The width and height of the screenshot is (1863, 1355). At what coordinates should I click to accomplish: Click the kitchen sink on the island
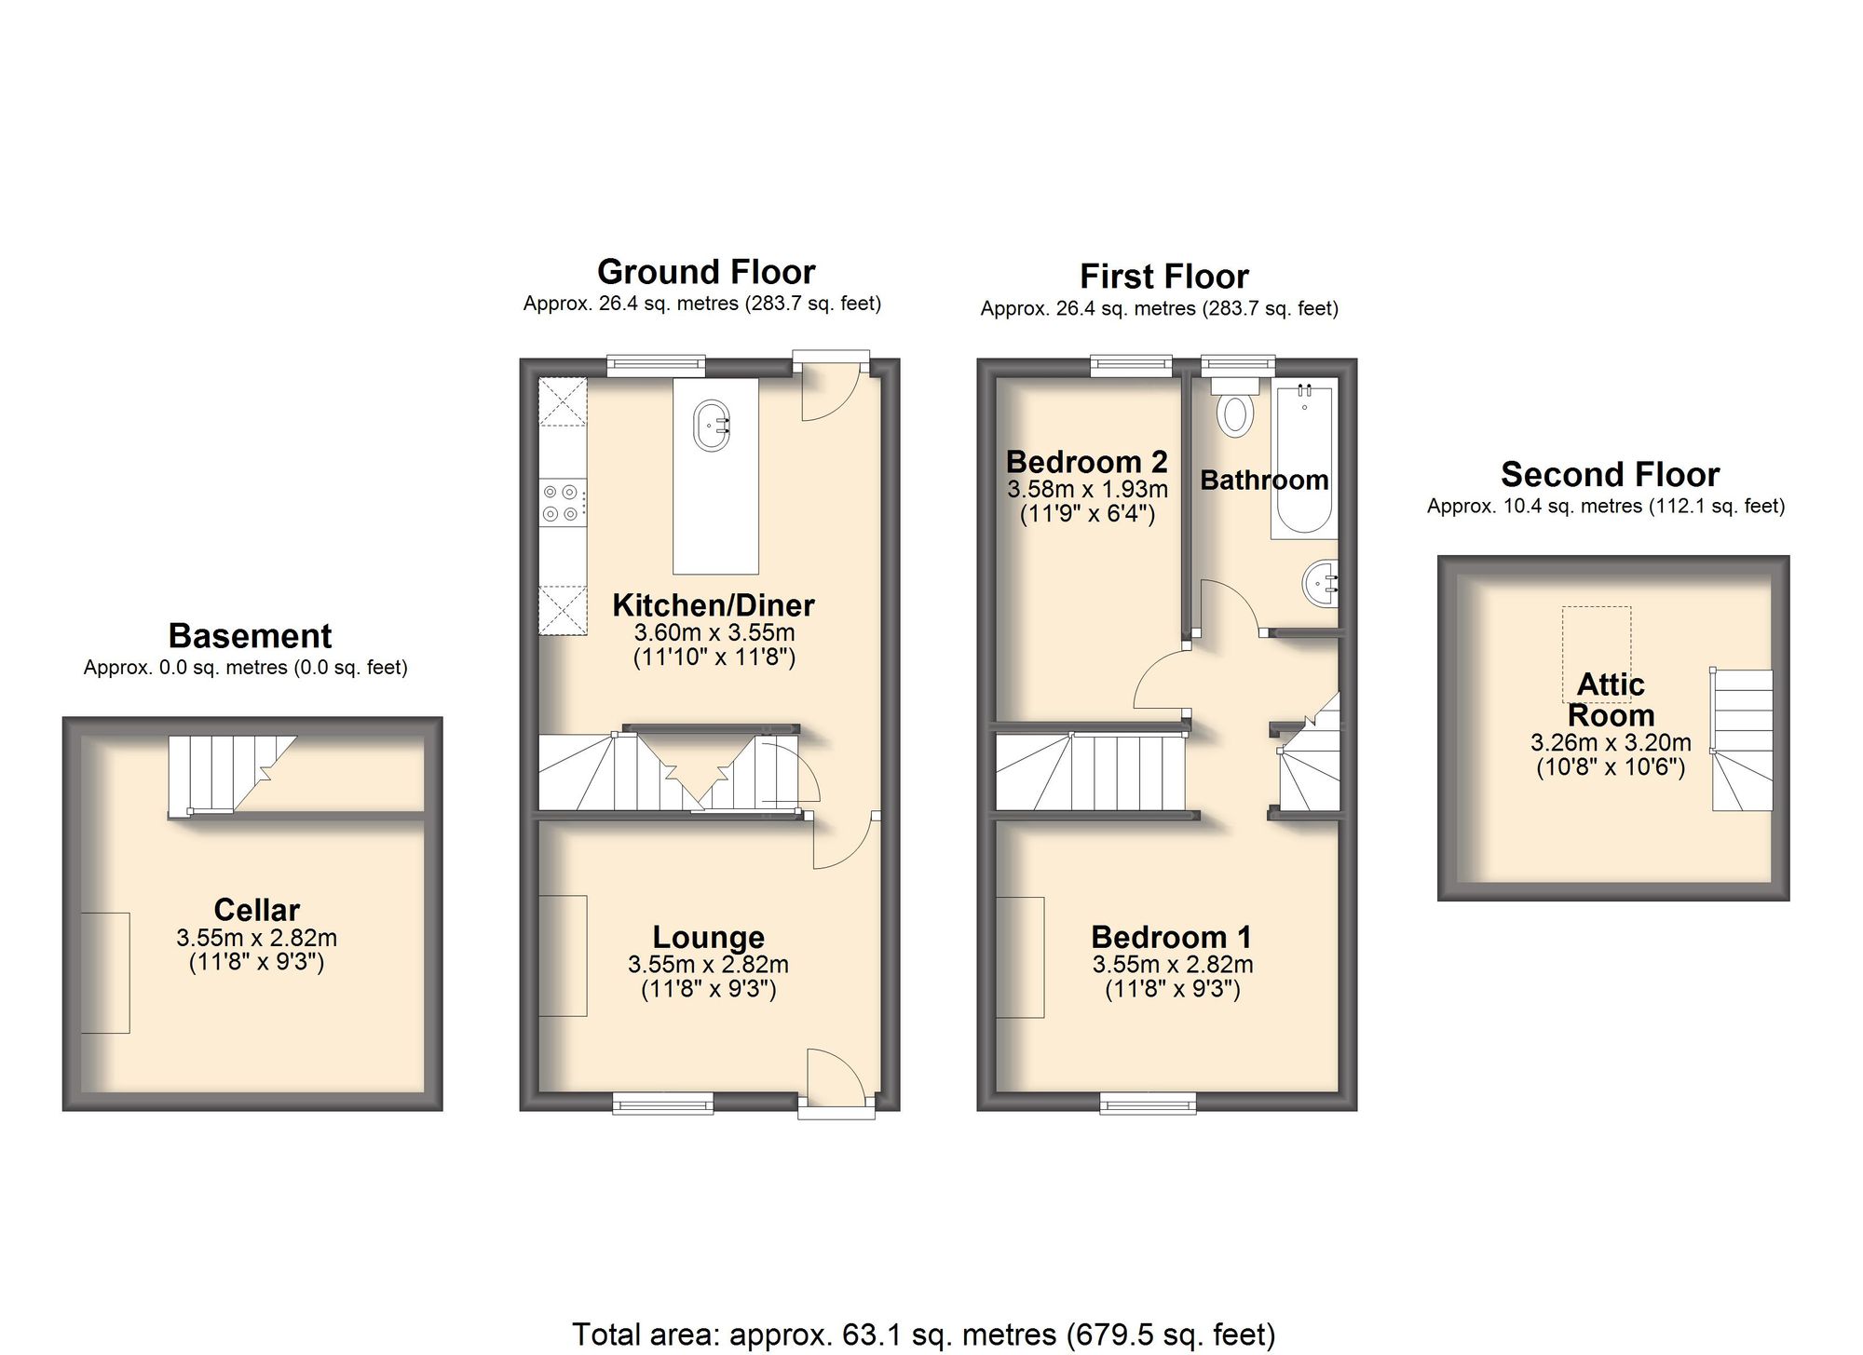(713, 427)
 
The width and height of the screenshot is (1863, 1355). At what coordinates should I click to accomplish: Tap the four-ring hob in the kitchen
(563, 503)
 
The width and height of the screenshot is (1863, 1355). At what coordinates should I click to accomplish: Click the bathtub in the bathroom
(1304, 461)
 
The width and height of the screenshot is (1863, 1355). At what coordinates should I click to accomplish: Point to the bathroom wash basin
(1320, 584)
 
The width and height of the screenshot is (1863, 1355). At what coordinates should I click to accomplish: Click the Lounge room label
(708, 937)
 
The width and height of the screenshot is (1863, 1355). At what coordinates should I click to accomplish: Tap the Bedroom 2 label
(1086, 462)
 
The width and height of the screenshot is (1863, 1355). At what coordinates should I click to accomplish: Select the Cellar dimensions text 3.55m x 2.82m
(256, 938)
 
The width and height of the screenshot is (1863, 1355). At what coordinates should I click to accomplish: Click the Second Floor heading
(1610, 475)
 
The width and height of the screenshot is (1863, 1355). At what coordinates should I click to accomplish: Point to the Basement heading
(250, 636)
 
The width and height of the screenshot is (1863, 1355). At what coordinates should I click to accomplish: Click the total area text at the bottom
(922, 1334)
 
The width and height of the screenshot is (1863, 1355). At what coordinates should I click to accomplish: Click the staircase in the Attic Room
(1742, 740)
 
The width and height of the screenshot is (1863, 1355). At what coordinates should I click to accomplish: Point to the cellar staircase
(224, 773)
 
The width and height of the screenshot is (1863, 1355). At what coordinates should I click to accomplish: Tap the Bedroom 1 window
(1148, 1104)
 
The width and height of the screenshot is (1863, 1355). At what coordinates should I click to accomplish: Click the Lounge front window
(663, 1104)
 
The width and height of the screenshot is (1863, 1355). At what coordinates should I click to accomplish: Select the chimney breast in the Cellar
(105, 972)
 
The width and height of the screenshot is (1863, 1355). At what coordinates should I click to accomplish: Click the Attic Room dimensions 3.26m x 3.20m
(1611, 743)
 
